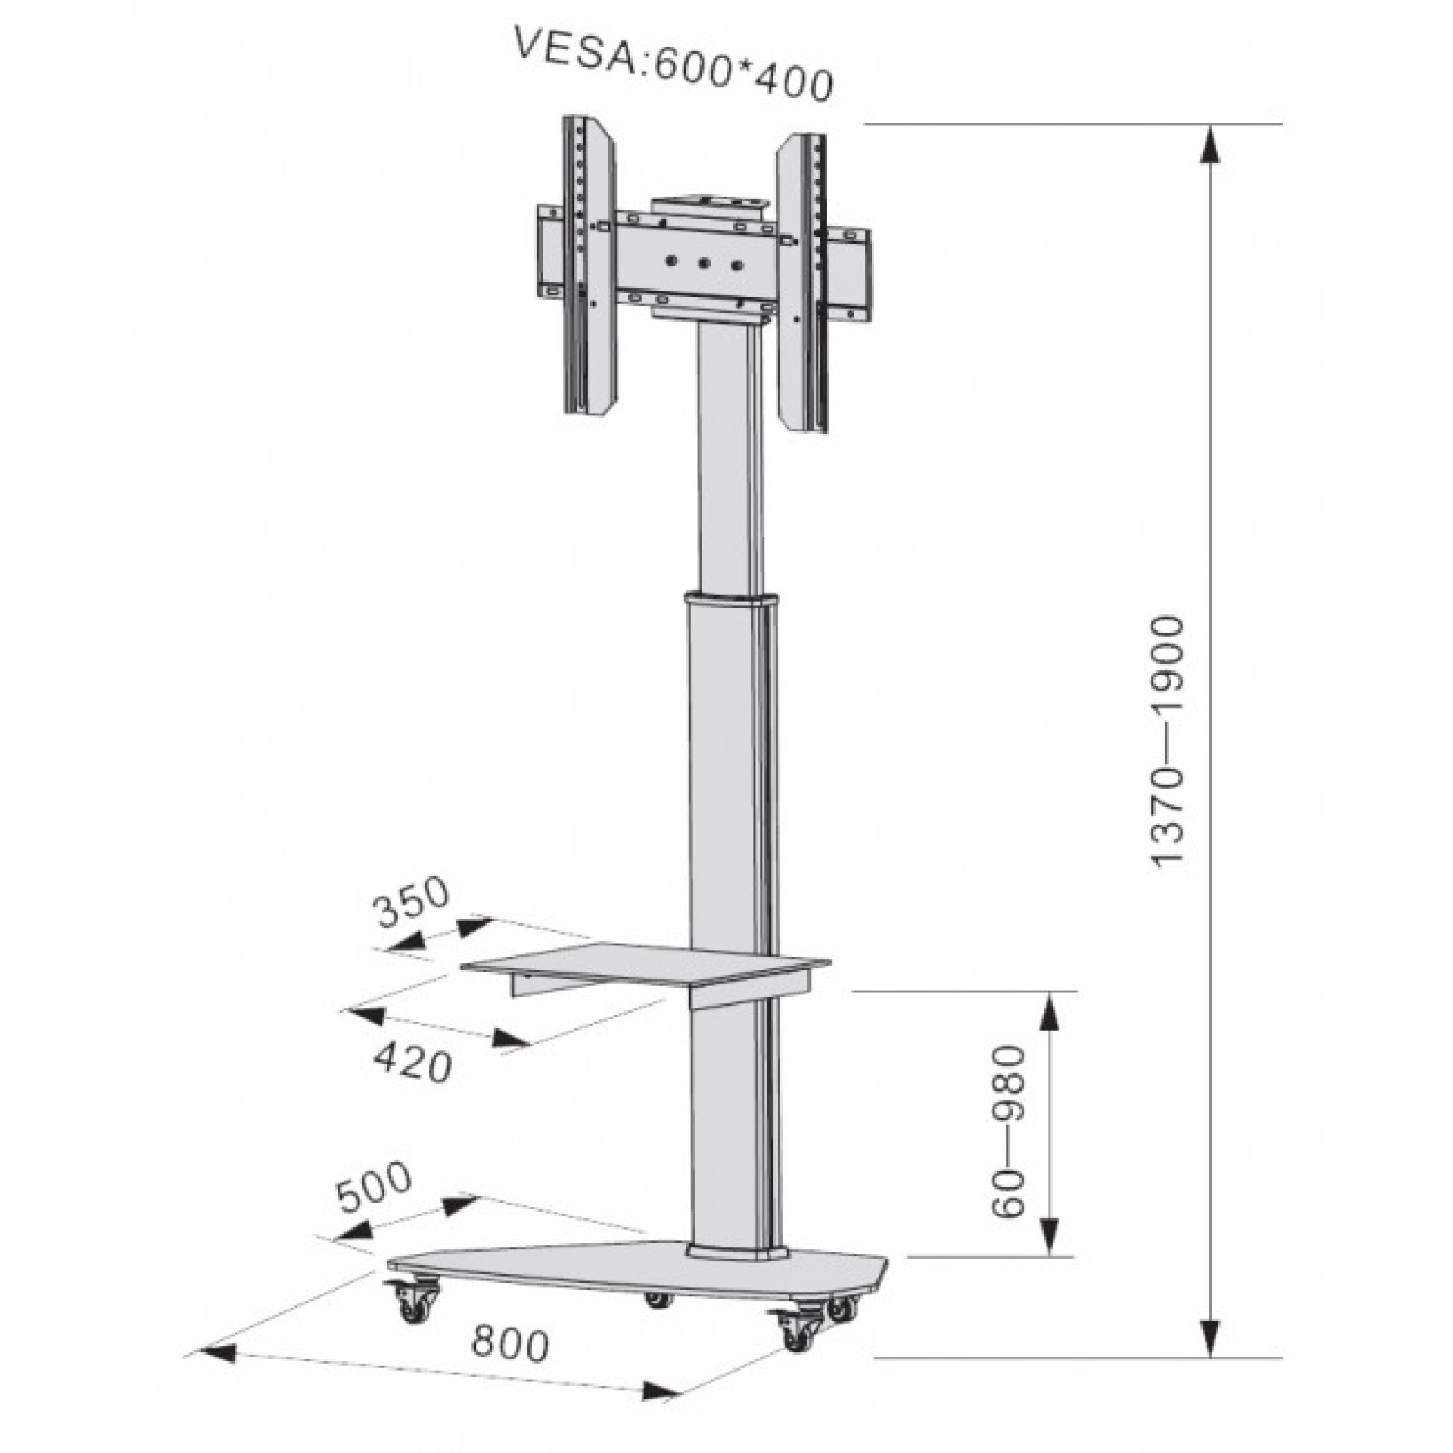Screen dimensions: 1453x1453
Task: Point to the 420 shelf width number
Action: (413, 1063)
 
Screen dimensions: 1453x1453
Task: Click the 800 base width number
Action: (509, 1345)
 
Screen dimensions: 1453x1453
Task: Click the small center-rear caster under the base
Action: (658, 1299)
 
